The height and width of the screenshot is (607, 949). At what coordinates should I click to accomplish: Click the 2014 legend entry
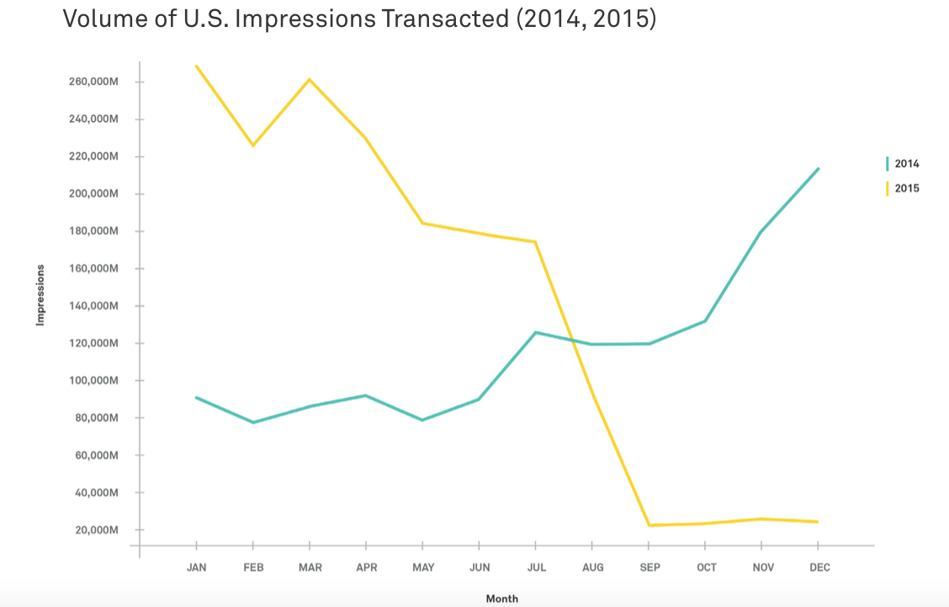906,164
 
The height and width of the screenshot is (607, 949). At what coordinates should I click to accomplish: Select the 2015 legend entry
906,188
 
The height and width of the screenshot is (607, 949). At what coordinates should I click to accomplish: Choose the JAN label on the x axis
196,567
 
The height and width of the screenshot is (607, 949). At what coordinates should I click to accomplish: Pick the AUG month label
593,567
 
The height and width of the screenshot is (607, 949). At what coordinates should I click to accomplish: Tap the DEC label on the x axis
819,567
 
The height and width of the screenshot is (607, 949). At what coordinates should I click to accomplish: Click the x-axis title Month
502,599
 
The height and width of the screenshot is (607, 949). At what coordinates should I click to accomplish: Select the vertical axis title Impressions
40,294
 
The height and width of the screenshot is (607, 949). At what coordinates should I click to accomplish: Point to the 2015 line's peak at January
196,66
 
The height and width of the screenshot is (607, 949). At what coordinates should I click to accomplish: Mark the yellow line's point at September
649,525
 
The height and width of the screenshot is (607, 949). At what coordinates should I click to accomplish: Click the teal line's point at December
819,168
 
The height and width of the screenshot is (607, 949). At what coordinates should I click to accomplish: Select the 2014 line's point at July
536,332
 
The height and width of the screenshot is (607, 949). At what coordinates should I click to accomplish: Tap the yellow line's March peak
310,79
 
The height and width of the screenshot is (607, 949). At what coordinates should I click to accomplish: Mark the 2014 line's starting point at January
196,397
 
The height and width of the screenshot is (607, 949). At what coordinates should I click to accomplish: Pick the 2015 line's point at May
422,223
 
